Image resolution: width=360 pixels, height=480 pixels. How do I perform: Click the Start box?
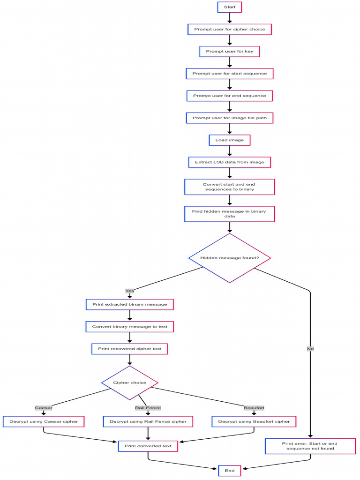230,7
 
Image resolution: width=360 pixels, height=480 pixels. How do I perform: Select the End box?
230,470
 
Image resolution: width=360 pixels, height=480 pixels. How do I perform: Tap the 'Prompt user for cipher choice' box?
230,29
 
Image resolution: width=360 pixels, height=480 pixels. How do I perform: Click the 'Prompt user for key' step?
230,51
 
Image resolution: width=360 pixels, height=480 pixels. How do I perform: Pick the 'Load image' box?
230,140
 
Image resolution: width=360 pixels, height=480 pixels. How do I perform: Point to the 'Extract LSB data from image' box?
230,162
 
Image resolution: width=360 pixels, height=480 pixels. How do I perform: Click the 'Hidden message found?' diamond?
230,258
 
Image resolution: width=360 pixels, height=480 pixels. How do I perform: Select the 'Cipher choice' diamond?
130,382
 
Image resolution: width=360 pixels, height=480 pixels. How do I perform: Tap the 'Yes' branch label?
130,291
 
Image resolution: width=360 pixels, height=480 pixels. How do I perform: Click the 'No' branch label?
310,349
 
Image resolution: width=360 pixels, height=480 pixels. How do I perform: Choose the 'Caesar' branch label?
44,408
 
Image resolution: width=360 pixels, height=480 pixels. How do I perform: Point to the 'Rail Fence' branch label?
148,408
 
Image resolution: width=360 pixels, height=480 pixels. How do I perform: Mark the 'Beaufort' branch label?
254,408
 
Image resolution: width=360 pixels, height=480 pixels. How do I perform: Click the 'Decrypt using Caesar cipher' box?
44,421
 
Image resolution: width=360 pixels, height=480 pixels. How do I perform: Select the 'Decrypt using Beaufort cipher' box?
254,421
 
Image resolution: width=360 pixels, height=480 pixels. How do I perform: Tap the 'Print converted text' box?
148,446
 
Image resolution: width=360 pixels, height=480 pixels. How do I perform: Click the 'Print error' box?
310,446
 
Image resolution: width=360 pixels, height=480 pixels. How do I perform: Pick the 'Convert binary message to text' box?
130,326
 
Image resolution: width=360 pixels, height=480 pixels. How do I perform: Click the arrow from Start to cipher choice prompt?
230,18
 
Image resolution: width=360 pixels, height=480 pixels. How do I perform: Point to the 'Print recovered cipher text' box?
130,349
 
